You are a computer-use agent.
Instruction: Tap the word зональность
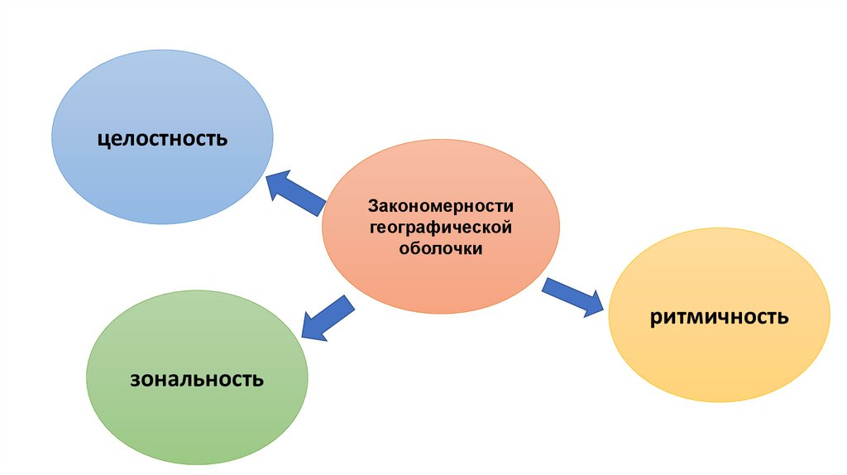pyautogui.click(x=197, y=380)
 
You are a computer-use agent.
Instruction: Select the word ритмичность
pyautogui.click(x=719, y=316)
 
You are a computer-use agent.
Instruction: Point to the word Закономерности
pyautogui.click(x=441, y=205)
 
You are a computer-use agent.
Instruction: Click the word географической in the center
pyautogui.click(x=441, y=226)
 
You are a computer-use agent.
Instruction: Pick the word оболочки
pyautogui.click(x=441, y=247)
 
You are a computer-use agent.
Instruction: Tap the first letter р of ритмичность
pyautogui.click(x=654, y=318)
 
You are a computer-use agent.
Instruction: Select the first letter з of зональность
pyautogui.click(x=133, y=381)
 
